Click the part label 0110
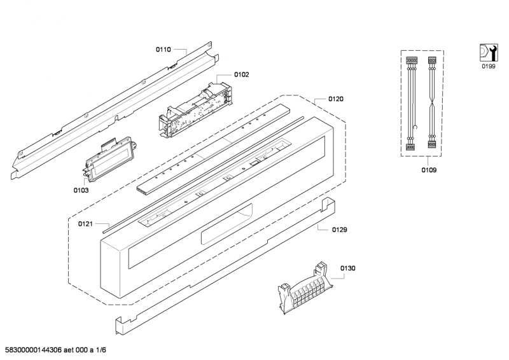pyautogui.click(x=164, y=49)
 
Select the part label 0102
pyautogui.click(x=241, y=74)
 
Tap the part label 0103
pyautogui.click(x=80, y=190)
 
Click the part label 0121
pyautogui.click(x=86, y=224)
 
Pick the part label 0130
pyautogui.click(x=347, y=268)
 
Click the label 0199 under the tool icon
pyautogui.click(x=488, y=66)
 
